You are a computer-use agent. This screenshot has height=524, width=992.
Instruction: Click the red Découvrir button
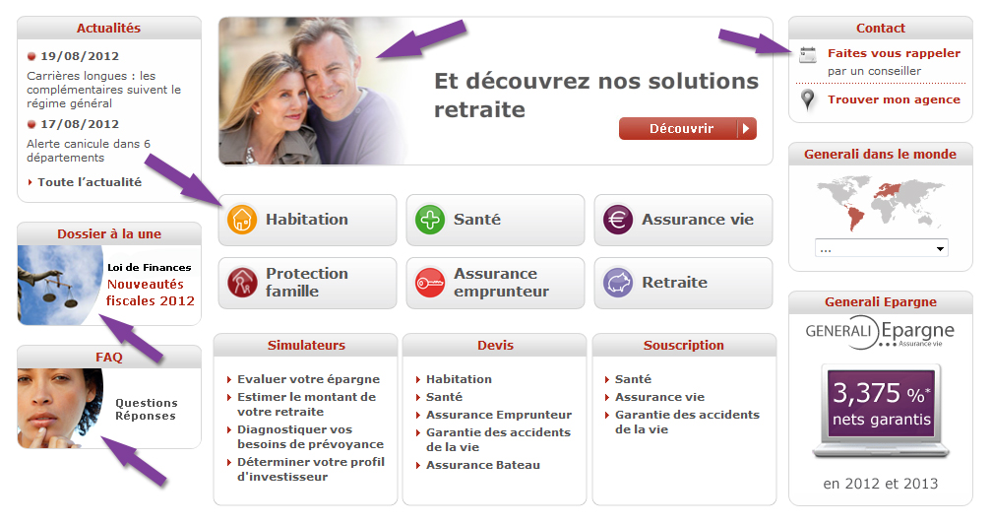(x=688, y=128)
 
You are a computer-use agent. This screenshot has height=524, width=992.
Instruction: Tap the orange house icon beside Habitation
(x=242, y=220)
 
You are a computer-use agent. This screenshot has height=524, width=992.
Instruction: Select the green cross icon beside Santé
(x=430, y=220)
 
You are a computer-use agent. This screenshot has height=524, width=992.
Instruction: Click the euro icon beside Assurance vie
(x=618, y=220)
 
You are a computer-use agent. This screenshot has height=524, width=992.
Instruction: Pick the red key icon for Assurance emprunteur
(x=430, y=283)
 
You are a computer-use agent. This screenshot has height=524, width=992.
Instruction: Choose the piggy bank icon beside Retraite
(x=618, y=283)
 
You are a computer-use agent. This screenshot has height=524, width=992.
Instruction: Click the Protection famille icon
(x=242, y=283)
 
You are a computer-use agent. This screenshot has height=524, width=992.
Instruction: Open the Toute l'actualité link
(x=90, y=182)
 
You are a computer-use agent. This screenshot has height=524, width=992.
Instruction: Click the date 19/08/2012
(x=80, y=56)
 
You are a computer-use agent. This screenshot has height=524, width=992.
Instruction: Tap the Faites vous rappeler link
(x=894, y=54)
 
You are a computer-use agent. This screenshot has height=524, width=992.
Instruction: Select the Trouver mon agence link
(x=894, y=100)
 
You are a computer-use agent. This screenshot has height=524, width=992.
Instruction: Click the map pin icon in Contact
(x=807, y=100)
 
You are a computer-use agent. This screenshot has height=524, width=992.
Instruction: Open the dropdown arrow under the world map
(x=940, y=249)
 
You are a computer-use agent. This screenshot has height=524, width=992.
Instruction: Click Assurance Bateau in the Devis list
(x=483, y=465)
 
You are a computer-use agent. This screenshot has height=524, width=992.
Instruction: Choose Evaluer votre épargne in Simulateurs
(x=309, y=379)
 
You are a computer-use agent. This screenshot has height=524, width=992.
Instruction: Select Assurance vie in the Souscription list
(x=659, y=397)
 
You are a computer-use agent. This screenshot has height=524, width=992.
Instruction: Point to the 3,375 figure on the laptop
(x=866, y=393)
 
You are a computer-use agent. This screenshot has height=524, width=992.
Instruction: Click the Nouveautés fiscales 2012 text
(x=150, y=293)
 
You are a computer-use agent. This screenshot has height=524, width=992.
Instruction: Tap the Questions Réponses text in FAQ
(x=146, y=410)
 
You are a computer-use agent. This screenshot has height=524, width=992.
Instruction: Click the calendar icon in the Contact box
(x=808, y=55)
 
